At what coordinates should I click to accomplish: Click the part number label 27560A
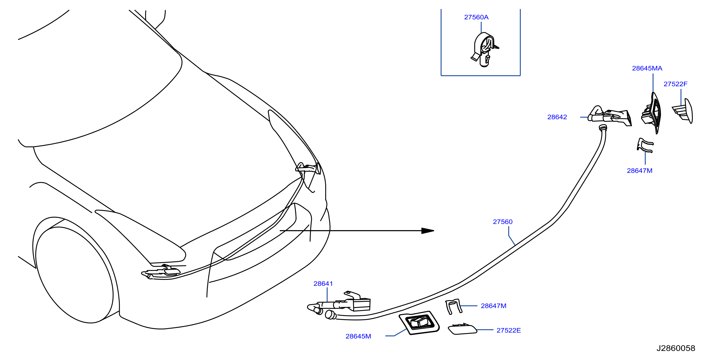pyautogui.click(x=476, y=17)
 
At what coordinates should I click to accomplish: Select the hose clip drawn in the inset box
pyautogui.click(x=484, y=50)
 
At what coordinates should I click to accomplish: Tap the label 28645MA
pyautogui.click(x=647, y=68)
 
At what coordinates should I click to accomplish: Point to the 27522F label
pyautogui.click(x=675, y=84)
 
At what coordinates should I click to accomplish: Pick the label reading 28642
pyautogui.click(x=557, y=117)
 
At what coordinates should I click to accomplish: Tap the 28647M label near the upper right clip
pyautogui.click(x=640, y=171)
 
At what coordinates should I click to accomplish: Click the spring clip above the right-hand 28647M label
pyautogui.click(x=645, y=145)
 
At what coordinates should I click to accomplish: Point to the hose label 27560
pyautogui.click(x=503, y=222)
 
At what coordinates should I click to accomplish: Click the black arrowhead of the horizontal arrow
pyautogui.click(x=428, y=231)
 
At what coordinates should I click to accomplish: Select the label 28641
pyautogui.click(x=323, y=284)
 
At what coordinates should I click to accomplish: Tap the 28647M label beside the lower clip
pyautogui.click(x=493, y=306)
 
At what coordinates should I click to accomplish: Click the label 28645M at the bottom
pyautogui.click(x=358, y=336)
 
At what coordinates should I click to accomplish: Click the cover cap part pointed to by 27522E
pyautogui.click(x=462, y=329)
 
